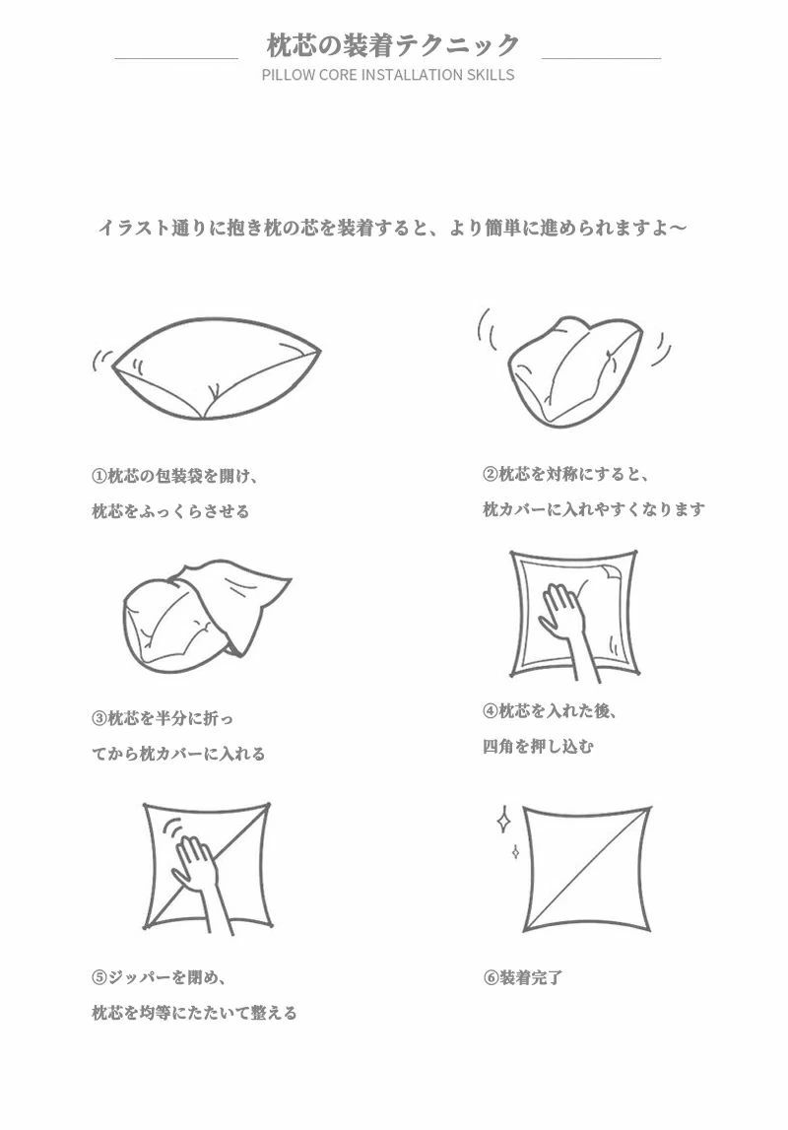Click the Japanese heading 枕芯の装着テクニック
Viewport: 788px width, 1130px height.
393,46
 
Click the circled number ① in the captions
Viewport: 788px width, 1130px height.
99,477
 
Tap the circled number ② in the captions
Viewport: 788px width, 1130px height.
491,474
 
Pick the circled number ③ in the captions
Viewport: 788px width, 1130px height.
99,718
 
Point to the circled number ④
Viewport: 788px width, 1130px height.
491,711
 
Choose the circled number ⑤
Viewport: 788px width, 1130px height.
99,978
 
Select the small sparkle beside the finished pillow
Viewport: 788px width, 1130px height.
515,851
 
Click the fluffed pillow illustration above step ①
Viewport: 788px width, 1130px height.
216,368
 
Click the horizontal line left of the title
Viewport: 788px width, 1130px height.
175,58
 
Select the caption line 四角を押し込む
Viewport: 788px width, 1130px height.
539,746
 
